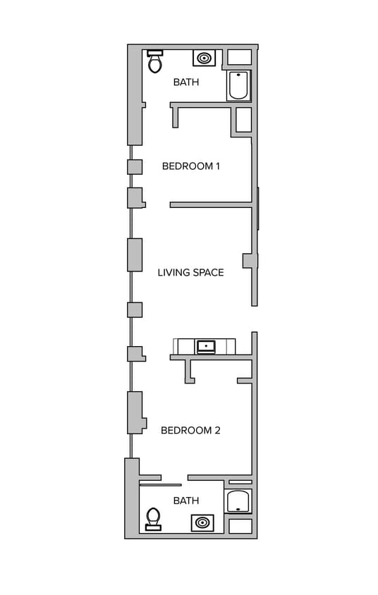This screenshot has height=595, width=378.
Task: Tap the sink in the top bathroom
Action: point(205,58)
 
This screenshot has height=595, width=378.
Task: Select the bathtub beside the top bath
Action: point(238,85)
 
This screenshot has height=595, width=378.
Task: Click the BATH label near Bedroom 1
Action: point(186,82)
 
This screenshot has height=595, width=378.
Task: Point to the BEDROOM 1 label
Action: point(191,166)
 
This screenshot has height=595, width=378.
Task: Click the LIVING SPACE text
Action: point(190,272)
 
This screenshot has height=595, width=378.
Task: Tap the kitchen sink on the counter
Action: point(206,346)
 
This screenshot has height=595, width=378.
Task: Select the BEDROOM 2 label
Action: point(190,430)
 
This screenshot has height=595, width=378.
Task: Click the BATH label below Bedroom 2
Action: point(186,501)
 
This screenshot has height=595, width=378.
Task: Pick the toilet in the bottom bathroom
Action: point(153,519)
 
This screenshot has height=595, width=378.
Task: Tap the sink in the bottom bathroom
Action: point(202,522)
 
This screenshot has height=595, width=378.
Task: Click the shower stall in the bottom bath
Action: point(238,501)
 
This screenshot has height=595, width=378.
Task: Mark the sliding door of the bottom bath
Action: point(160,485)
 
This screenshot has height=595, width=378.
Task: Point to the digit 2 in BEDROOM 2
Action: point(217,430)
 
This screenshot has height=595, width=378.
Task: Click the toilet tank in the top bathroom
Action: point(155,53)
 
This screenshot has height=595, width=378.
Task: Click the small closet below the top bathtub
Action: point(243,120)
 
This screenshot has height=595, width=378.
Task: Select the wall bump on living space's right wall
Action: point(249,261)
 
